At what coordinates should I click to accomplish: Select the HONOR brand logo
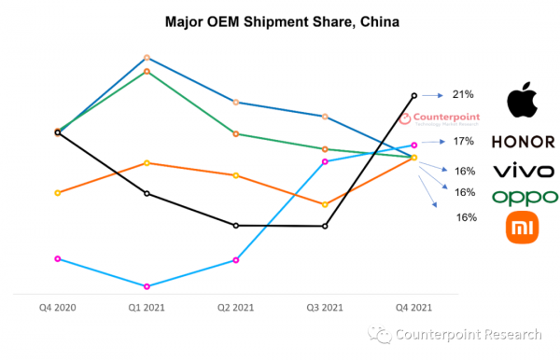point(523,143)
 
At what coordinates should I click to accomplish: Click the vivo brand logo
point(523,171)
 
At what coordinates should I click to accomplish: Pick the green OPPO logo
point(525,197)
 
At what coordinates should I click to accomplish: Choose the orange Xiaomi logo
point(523,228)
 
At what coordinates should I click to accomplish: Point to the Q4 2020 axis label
point(58,307)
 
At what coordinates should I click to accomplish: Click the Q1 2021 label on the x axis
point(147,307)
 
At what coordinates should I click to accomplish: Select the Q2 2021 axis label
point(235,307)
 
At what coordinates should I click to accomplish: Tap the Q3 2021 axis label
point(324,307)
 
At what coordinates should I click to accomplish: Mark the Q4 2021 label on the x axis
point(413,307)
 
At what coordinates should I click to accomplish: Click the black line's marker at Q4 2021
point(413,95)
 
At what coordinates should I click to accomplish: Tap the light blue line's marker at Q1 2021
point(147,286)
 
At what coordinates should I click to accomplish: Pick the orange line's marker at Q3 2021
point(325,204)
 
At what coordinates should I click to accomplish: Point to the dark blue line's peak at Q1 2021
point(147,57)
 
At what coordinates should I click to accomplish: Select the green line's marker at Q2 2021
point(236,133)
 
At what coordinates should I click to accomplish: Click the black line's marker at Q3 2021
point(325,226)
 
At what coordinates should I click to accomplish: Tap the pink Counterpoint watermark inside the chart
point(439,119)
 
